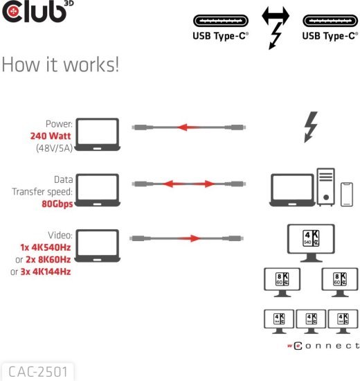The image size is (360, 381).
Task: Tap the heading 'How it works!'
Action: tap(61, 65)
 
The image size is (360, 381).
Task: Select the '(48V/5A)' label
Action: tap(53, 148)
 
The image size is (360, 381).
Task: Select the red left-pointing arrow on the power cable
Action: tap(190, 128)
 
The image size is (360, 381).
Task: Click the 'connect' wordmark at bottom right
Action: tap(324, 345)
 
